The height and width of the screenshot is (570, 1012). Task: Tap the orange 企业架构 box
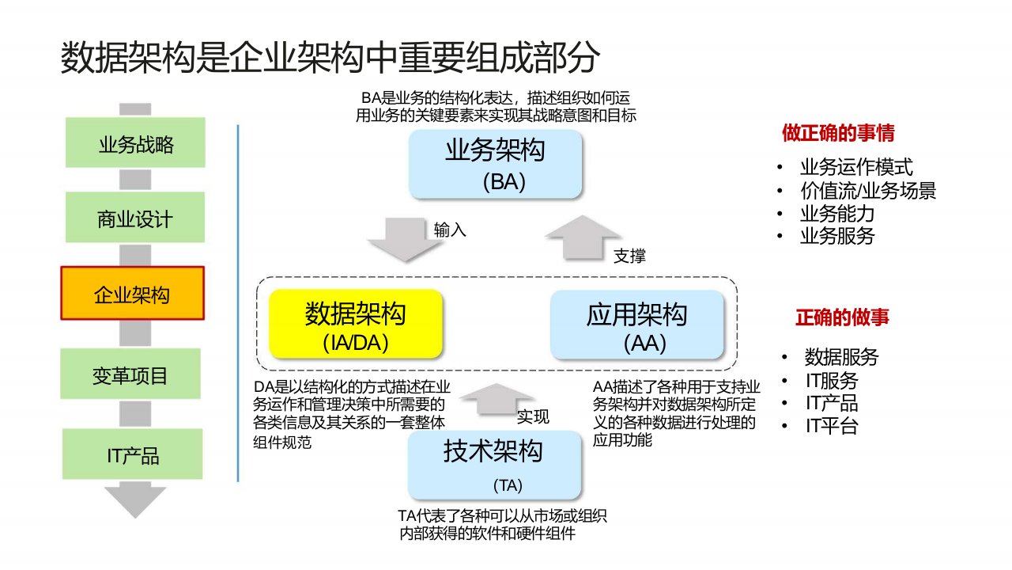coord(133,293)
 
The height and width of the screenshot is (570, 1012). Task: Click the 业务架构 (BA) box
coord(496,164)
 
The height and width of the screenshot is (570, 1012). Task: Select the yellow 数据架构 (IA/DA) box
coord(355,324)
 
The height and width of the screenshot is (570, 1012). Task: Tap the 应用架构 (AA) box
coord(637,324)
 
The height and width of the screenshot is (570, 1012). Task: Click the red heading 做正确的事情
coord(839,133)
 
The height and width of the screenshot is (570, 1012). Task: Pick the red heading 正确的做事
coord(842,317)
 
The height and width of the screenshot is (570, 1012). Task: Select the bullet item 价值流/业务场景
coord(868,191)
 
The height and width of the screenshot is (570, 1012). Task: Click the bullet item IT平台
coord(832,426)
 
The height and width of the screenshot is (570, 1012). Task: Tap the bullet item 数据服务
coord(841,357)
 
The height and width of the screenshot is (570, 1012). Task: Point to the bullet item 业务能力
coord(837,214)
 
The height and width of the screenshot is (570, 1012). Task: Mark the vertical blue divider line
coord(238,302)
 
